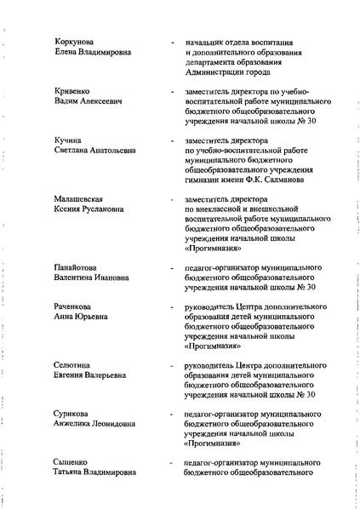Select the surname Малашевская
[83, 197]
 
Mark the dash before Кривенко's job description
[174, 90]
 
